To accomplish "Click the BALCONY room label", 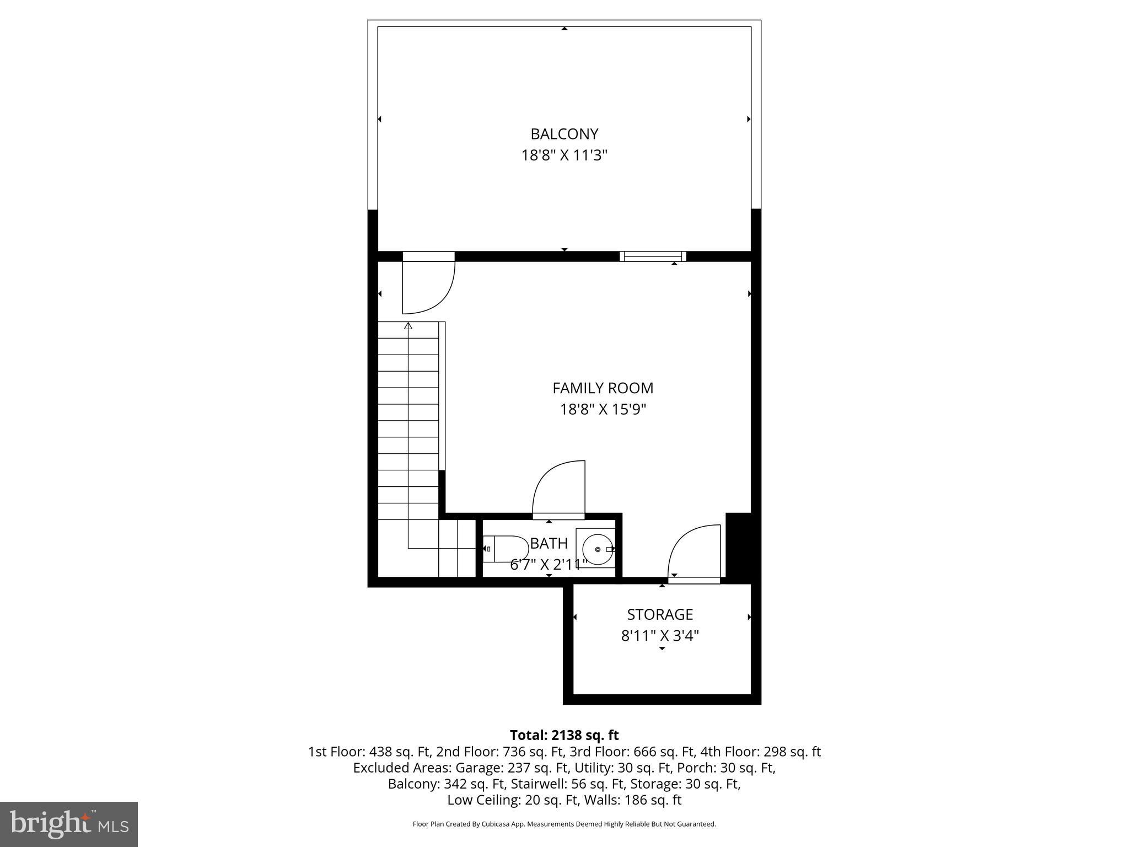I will point(564,134).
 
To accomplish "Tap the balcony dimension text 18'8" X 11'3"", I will point(564,156).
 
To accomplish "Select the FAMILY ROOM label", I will point(603,388).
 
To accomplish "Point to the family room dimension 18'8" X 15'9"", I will point(603,410).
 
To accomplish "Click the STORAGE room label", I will point(660,614).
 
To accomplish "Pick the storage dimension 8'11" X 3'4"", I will point(660,636).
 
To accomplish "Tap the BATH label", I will point(549,544).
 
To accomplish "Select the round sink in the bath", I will point(598,549).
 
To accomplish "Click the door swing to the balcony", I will point(436,290).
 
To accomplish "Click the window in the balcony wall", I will point(653,256).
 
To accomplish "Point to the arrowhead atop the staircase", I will point(408,326).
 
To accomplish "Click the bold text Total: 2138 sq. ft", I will point(564,735).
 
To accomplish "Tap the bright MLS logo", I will point(69,824).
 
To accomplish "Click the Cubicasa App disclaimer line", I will point(564,824).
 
